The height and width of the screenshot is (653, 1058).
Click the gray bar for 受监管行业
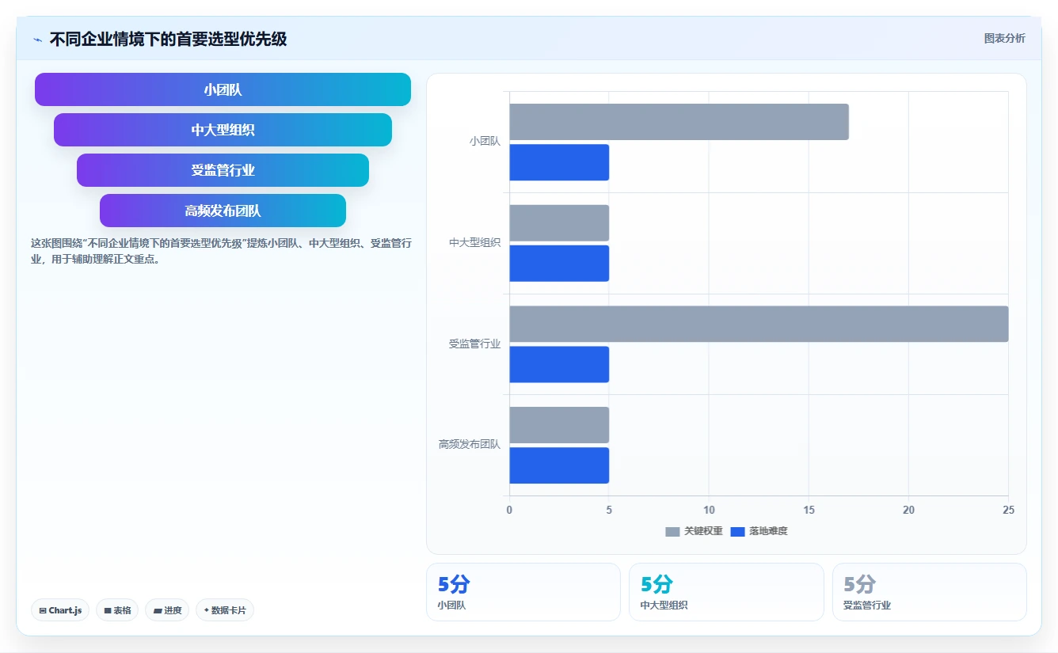point(759,324)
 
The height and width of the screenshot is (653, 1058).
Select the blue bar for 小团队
point(559,162)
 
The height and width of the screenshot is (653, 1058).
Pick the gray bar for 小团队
point(679,122)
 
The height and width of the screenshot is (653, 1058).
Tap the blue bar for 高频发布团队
point(559,465)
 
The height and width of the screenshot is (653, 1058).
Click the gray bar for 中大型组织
point(559,223)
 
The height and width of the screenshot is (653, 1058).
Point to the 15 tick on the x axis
point(809,510)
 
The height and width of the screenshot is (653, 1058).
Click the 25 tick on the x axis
point(1008,510)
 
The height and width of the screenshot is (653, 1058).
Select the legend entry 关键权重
point(694,531)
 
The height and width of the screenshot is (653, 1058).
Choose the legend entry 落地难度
point(759,531)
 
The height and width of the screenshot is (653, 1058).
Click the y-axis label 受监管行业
point(474,344)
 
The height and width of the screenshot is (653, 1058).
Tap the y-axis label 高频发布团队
point(469,444)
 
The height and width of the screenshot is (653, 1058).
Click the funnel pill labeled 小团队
point(223,89)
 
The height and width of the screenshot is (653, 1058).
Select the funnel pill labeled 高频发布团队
point(223,211)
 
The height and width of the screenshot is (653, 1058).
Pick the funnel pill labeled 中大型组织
point(223,130)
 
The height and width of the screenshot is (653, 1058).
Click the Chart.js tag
point(60,610)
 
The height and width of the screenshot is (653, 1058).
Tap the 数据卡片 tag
point(225,610)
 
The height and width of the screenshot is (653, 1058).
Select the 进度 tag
point(167,610)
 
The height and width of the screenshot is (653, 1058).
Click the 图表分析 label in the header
point(1005,38)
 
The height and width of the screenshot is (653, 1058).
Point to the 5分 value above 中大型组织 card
point(656,584)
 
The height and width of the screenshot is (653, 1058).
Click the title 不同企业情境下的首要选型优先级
point(168,40)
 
